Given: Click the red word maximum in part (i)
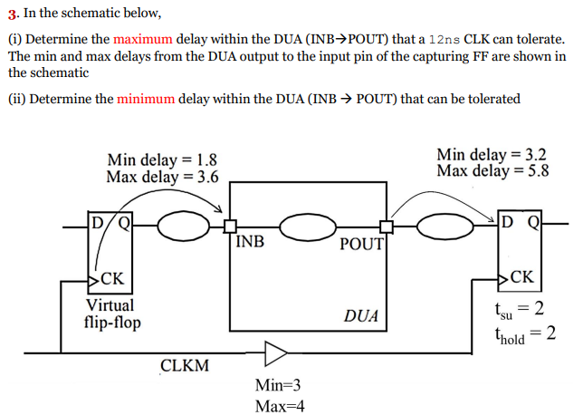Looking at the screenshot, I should (145, 40).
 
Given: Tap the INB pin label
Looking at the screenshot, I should (250, 242).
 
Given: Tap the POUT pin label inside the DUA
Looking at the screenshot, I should (362, 244).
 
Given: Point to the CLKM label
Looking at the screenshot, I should (185, 366).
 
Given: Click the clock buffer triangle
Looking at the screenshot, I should (276, 352).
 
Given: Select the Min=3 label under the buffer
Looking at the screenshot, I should (279, 385).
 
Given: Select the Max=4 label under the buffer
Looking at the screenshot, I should (280, 405).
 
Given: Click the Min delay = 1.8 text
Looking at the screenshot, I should (161, 160).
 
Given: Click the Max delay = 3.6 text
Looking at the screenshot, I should (162, 177).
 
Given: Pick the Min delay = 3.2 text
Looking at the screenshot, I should (492, 154).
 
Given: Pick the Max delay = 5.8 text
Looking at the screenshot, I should (492, 170).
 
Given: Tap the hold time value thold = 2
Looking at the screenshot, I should (524, 334).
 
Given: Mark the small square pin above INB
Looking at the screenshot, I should (231, 227).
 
